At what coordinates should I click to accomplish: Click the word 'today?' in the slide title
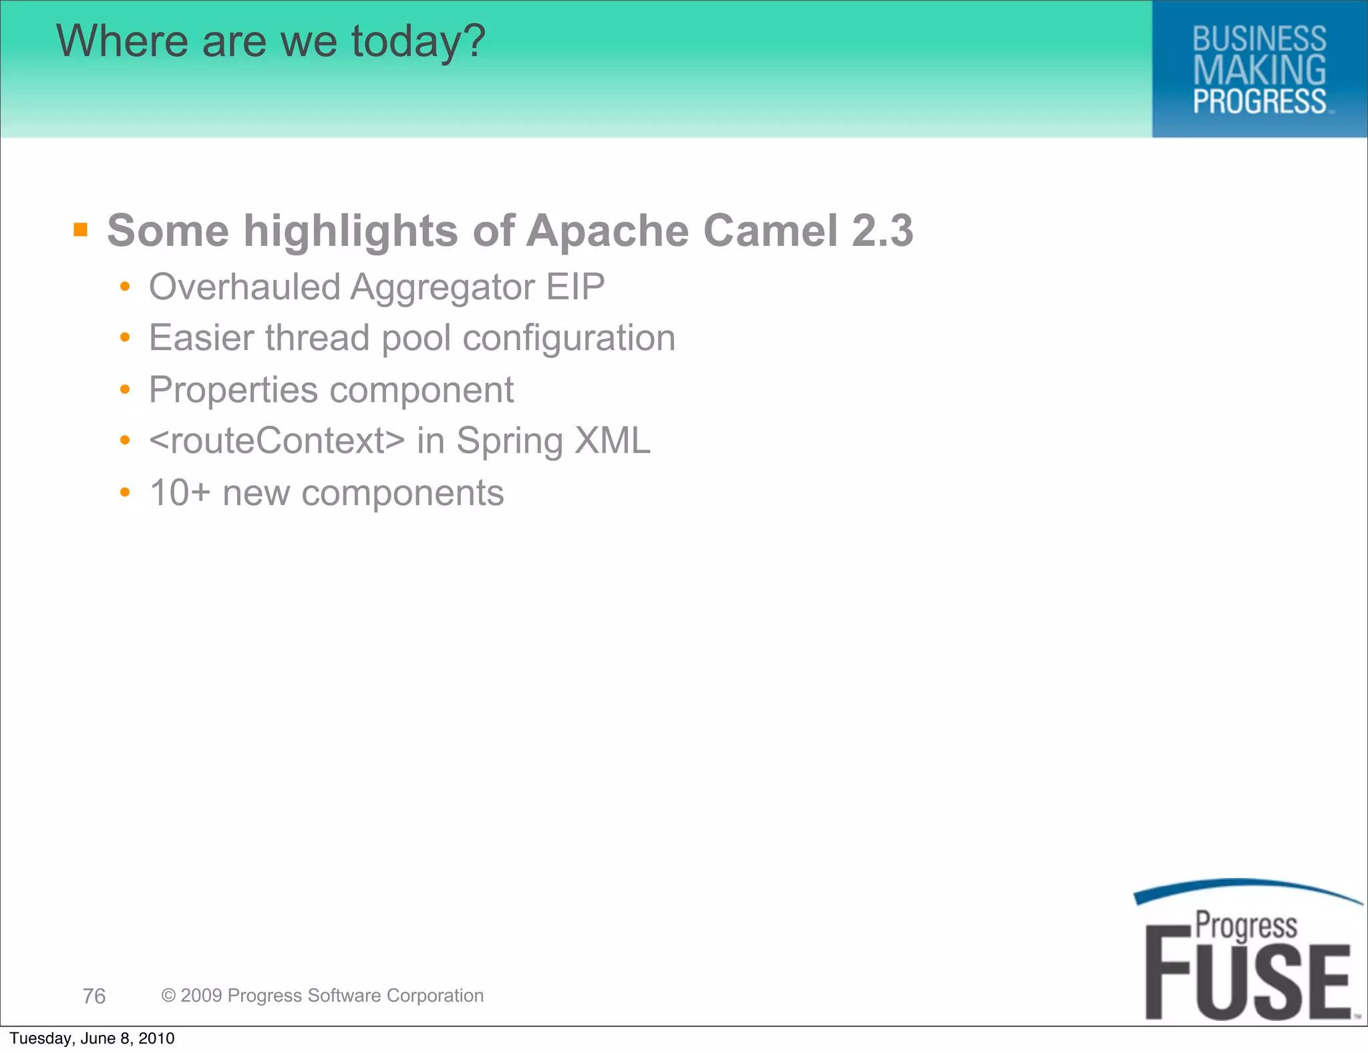pos(418,41)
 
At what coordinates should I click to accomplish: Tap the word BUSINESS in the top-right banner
pos(1259,39)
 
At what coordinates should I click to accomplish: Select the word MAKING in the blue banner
pos(1259,70)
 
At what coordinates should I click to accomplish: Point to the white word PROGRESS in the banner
pos(1259,102)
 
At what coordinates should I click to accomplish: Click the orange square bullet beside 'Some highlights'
pos(81,231)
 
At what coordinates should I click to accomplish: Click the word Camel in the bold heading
pos(770,231)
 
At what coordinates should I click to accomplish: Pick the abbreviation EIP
pos(575,287)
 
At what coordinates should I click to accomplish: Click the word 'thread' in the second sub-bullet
pos(317,337)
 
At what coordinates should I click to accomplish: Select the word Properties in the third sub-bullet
pos(233,390)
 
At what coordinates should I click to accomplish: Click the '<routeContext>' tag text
pos(277,441)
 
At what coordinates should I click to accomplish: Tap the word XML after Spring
pos(613,441)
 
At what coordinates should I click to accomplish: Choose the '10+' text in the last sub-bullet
pos(180,493)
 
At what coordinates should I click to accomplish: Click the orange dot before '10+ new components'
pos(125,493)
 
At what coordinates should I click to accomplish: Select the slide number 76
pos(94,996)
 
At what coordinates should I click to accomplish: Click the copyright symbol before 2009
pos(168,996)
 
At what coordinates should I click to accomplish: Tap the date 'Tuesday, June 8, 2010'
pos(92,1038)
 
